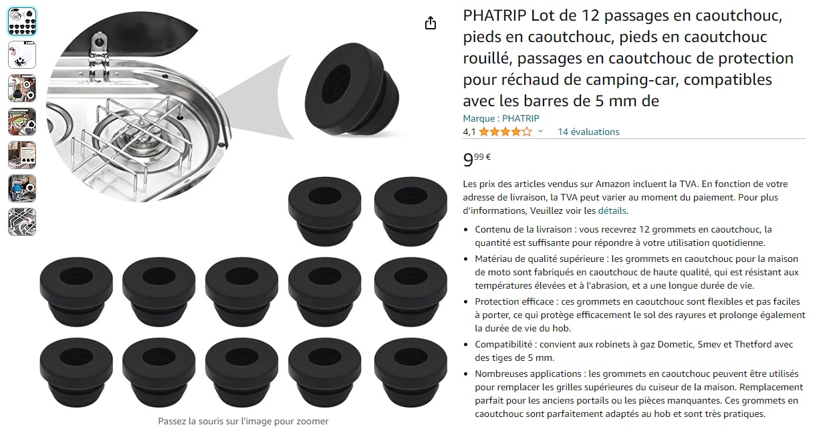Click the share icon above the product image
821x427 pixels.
click(431, 23)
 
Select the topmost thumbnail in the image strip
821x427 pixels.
click(22, 21)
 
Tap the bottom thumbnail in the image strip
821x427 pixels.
click(22, 222)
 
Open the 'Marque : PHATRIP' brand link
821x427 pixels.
click(501, 118)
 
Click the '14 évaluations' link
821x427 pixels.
click(588, 132)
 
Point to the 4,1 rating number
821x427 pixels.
click(469, 132)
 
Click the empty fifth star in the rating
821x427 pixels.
click(527, 132)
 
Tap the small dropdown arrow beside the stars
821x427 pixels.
click(540, 131)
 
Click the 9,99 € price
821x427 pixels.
click(477, 160)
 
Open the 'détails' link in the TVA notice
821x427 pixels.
click(612, 210)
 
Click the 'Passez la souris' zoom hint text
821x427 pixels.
click(243, 421)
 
